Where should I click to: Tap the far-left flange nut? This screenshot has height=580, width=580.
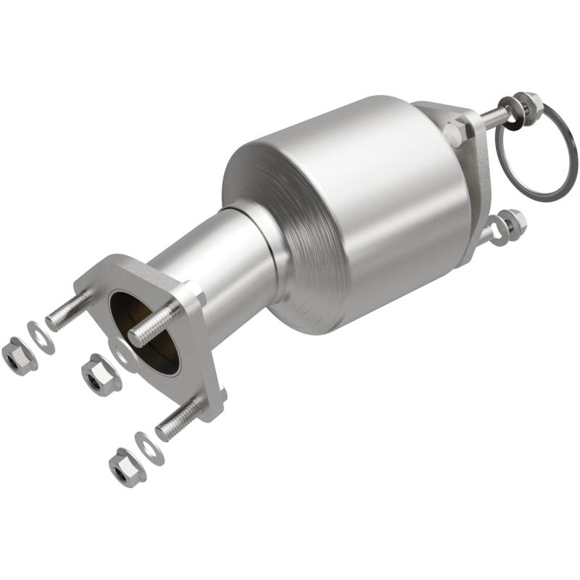pyautogui.click(x=15, y=354)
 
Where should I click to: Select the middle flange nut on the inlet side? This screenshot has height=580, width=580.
pyautogui.click(x=96, y=375)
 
